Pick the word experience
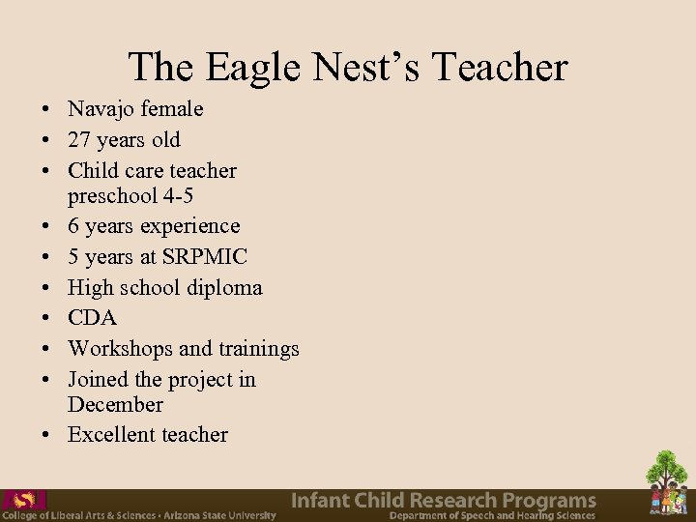coord(190,226)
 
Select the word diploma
coord(223,288)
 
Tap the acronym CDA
coord(92,318)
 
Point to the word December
coord(115,404)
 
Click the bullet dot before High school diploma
coord(45,288)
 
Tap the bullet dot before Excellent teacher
coord(45,435)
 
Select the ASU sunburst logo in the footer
coord(25,500)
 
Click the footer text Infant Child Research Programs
coord(444,500)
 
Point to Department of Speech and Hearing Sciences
coord(492,516)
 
